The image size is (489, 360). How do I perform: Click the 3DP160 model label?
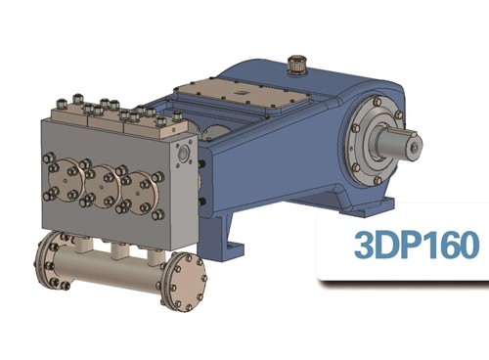tap(417, 245)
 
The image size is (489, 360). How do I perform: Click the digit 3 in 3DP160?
tap(364, 245)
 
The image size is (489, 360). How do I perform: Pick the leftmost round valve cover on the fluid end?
tap(66, 179)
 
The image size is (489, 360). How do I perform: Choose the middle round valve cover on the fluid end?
tap(101, 185)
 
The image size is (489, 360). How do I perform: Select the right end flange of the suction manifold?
tap(185, 282)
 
